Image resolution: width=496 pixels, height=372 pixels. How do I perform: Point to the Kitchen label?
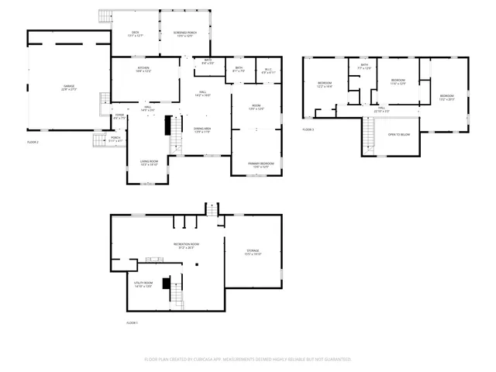pos(143,70)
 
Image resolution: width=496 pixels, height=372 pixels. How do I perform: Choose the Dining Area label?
pos(201,129)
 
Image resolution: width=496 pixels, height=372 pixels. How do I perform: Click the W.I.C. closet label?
pos(268,70)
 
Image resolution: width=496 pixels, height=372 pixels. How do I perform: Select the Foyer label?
pos(119,117)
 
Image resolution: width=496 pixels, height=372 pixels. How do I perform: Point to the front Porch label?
pos(115,139)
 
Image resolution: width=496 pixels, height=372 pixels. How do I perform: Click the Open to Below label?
pos(398,135)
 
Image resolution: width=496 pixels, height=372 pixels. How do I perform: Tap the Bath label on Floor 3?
pos(364,67)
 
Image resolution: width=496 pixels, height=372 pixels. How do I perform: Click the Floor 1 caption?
pos(132,322)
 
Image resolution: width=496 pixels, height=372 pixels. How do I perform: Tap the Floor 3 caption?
pos(308,129)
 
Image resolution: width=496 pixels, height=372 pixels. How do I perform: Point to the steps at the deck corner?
pos(105,15)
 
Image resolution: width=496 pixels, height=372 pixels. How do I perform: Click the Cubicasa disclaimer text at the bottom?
pos(248,359)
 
